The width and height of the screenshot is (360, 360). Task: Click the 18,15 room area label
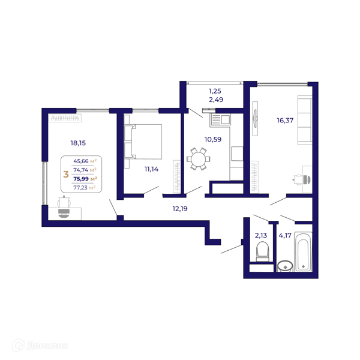click(x=78, y=143)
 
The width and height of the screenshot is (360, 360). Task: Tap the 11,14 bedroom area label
click(x=151, y=169)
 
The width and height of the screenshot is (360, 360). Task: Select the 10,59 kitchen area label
click(x=213, y=139)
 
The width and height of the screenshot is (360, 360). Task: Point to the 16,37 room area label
click(x=285, y=121)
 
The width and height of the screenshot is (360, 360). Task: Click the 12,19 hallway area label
click(x=180, y=209)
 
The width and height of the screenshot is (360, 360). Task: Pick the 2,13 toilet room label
click(x=261, y=235)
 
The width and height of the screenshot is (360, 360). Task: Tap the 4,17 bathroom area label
click(x=285, y=235)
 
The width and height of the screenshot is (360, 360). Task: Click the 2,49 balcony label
click(x=216, y=100)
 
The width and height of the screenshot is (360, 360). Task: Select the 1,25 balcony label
click(x=215, y=91)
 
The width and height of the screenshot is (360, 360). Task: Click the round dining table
click(x=199, y=159)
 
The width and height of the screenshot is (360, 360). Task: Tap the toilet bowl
click(x=262, y=251)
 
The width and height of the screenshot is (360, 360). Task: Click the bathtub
click(x=303, y=251)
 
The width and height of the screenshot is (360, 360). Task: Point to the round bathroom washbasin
click(x=285, y=266)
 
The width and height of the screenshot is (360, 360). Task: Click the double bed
click(x=143, y=142)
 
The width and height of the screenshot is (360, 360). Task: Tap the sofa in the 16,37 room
click(x=305, y=121)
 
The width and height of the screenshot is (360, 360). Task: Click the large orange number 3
click(x=66, y=174)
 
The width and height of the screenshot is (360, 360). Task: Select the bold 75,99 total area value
click(x=81, y=179)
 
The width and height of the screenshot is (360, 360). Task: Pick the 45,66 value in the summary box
click(x=81, y=161)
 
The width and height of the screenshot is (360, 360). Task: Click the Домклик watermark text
click(x=47, y=346)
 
